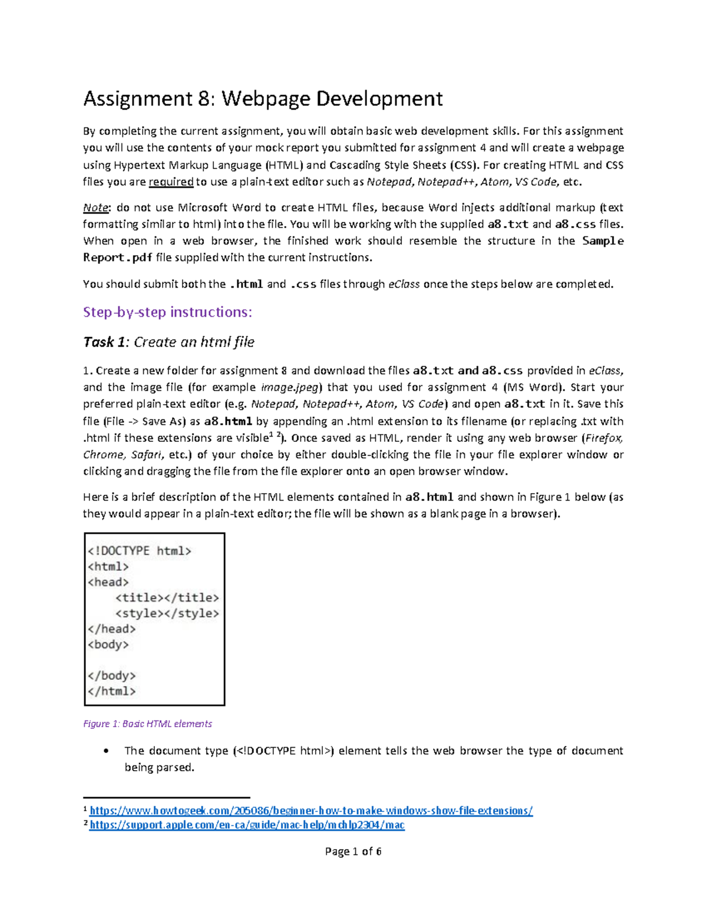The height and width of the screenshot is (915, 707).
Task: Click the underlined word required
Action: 171,182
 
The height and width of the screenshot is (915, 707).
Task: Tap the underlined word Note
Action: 95,208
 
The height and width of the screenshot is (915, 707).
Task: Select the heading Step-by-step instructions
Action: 167,312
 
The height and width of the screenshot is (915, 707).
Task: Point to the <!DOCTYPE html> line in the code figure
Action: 140,551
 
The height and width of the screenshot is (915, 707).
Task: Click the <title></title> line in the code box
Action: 167,597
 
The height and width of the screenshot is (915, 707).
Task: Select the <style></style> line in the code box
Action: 167,613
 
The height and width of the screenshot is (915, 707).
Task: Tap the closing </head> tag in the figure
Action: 112,629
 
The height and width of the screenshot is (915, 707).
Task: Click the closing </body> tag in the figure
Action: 112,676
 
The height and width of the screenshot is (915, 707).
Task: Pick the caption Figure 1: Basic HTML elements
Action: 147,724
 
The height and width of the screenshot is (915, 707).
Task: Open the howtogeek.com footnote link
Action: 310,811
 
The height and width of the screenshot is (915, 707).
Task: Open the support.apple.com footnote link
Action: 247,825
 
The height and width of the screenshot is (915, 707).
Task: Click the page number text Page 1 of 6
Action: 353,851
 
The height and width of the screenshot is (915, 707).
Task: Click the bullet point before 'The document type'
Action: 105,751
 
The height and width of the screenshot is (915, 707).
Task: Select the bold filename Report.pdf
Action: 117,257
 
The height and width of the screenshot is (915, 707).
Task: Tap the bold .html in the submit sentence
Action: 246,284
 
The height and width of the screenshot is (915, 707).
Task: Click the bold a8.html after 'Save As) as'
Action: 228,421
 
